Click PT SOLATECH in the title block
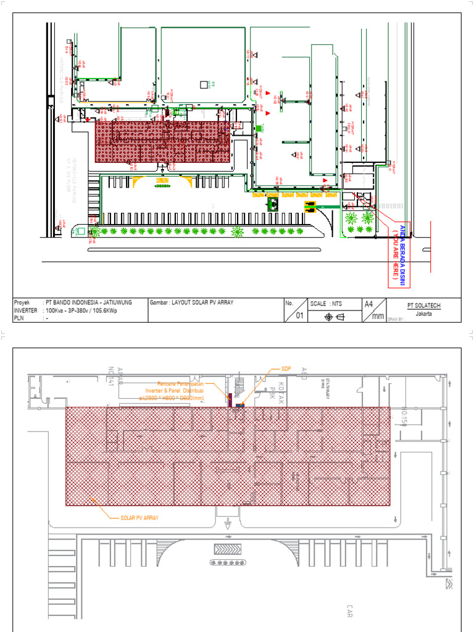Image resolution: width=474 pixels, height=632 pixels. point(423,305)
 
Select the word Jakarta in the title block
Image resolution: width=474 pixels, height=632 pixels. point(423,313)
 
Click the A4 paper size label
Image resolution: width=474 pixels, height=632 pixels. point(369,304)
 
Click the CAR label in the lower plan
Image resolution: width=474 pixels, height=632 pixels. point(349,610)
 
